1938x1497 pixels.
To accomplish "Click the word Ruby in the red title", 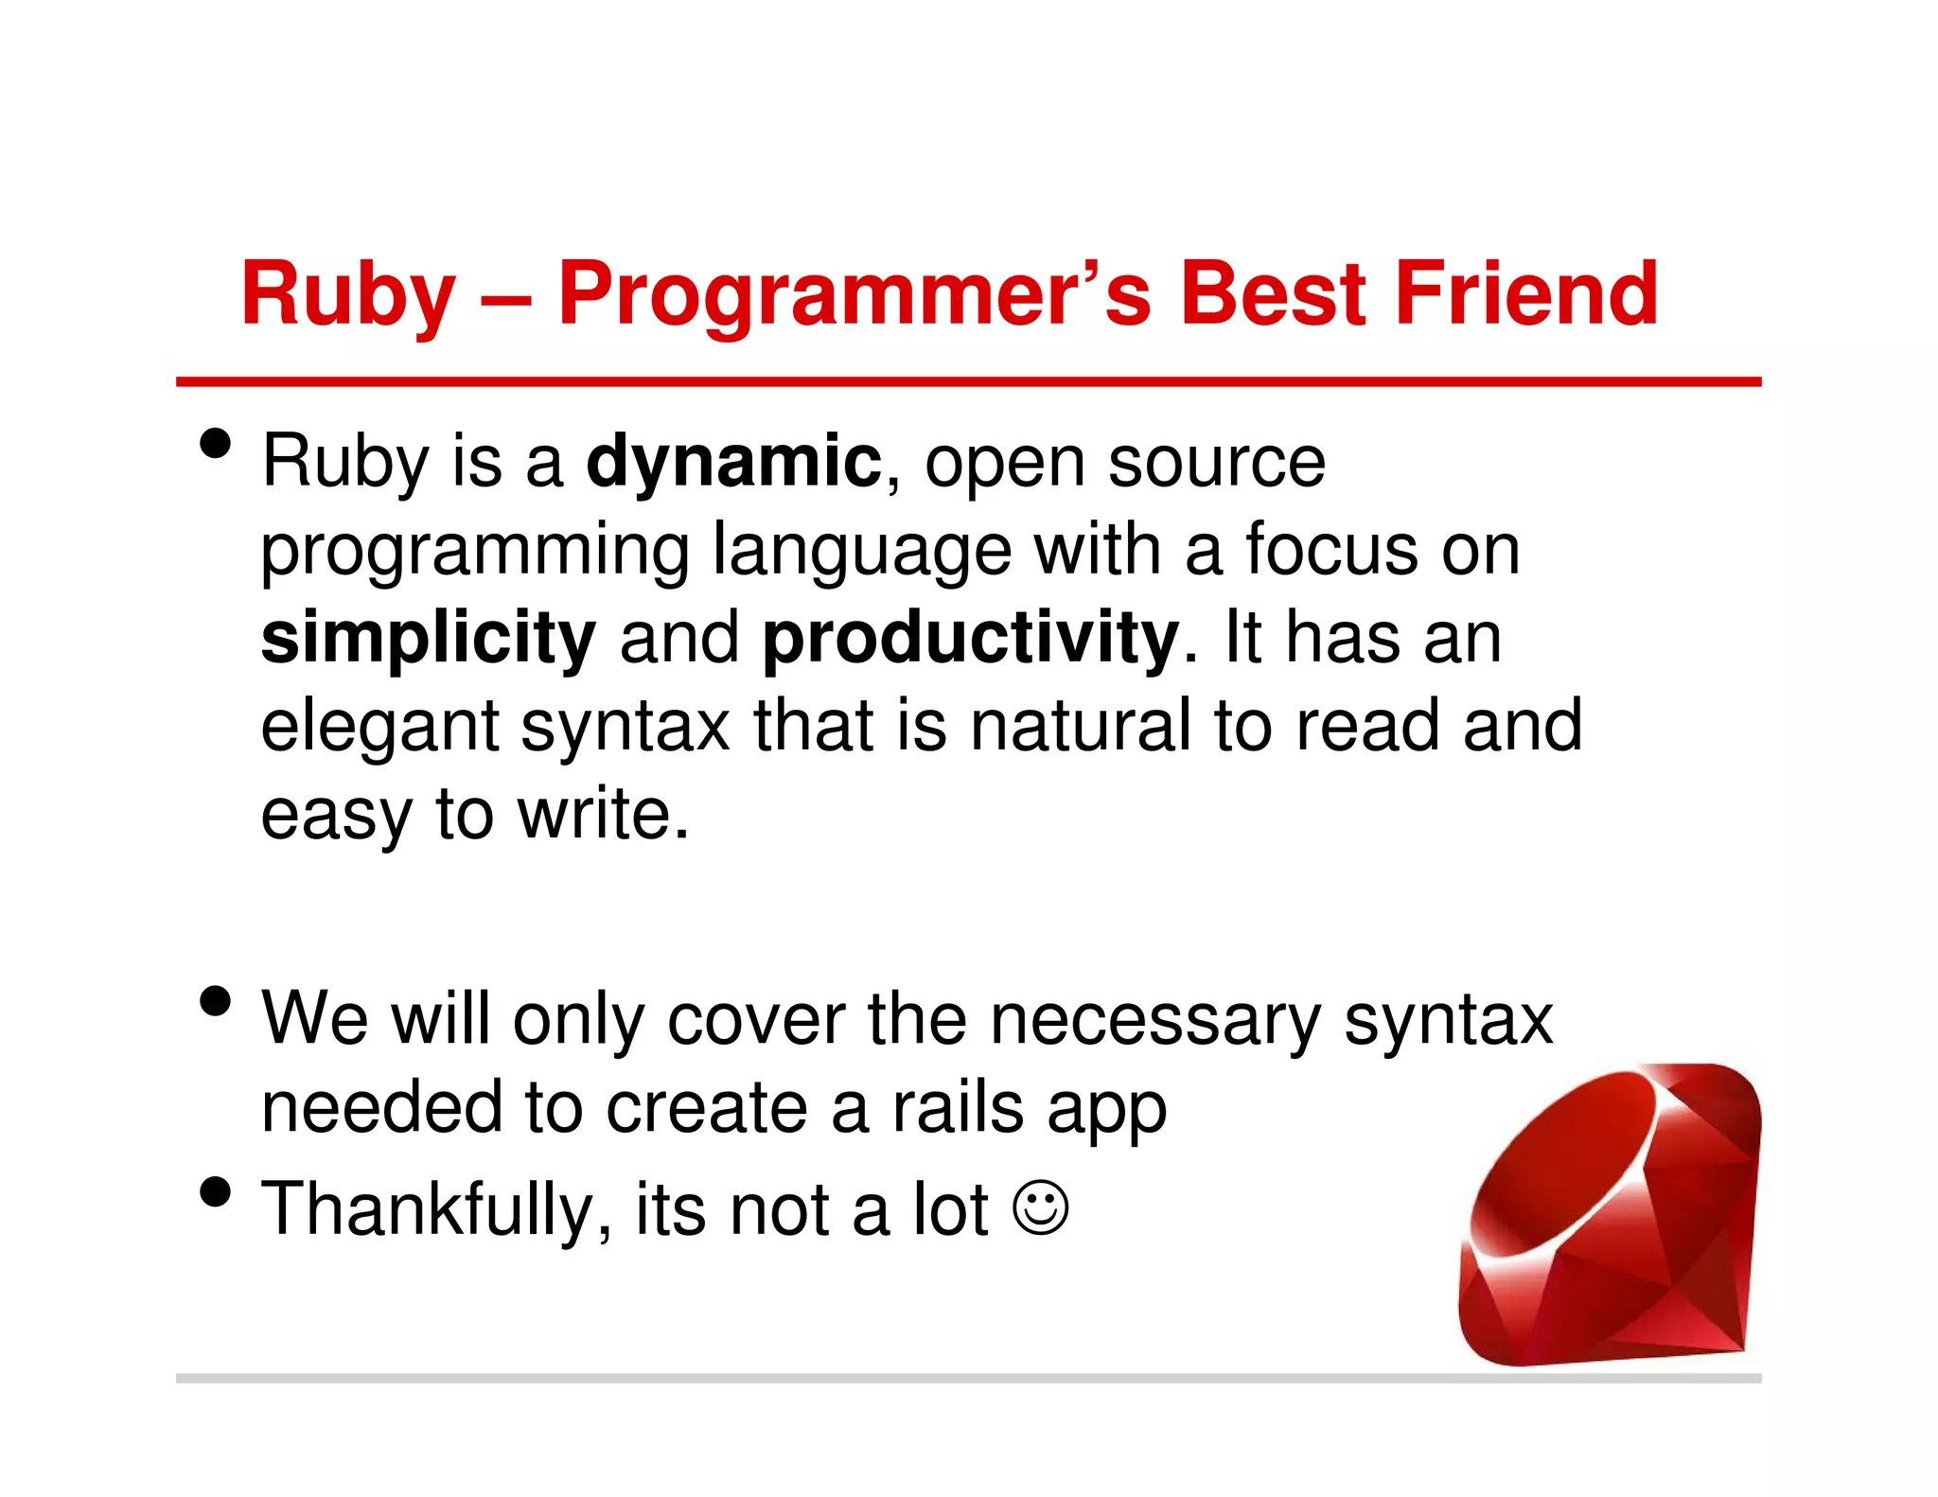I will click(x=348, y=295).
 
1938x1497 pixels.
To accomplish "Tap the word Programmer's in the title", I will click(x=854, y=295).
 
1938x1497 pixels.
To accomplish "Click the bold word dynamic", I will click(x=733, y=462).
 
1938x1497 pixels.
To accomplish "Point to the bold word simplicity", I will click(x=428, y=639).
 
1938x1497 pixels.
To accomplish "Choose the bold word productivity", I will click(x=971, y=639).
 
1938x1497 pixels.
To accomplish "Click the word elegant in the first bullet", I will click(x=379, y=727).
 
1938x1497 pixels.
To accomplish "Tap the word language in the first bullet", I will click(x=861, y=551).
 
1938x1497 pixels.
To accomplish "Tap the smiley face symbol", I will click(x=1040, y=1207).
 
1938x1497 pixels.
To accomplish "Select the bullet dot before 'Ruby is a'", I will click(x=216, y=443).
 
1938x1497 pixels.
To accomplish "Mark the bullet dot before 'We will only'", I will click(x=216, y=1001).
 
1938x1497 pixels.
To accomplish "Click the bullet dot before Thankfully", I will click(x=216, y=1192).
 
